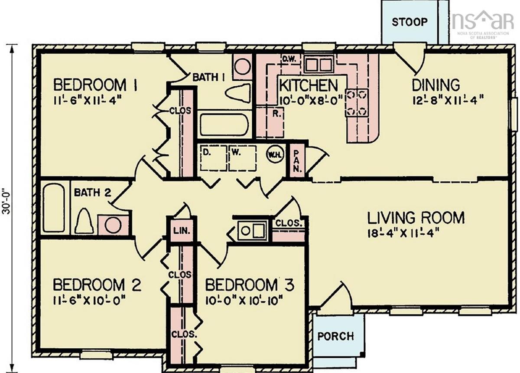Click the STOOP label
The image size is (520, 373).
(410, 22)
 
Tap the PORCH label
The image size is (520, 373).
(336, 336)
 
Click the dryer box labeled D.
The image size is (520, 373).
(213, 158)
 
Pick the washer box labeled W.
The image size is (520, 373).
(243, 158)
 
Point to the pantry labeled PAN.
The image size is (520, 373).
(297, 160)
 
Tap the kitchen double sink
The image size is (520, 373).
(318, 63)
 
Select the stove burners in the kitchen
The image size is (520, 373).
(357, 103)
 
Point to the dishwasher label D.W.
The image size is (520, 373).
(289, 60)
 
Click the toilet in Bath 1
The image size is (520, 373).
(238, 93)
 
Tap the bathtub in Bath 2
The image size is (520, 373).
(54, 208)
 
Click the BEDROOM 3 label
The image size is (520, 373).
(250, 285)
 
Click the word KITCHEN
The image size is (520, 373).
(309, 85)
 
